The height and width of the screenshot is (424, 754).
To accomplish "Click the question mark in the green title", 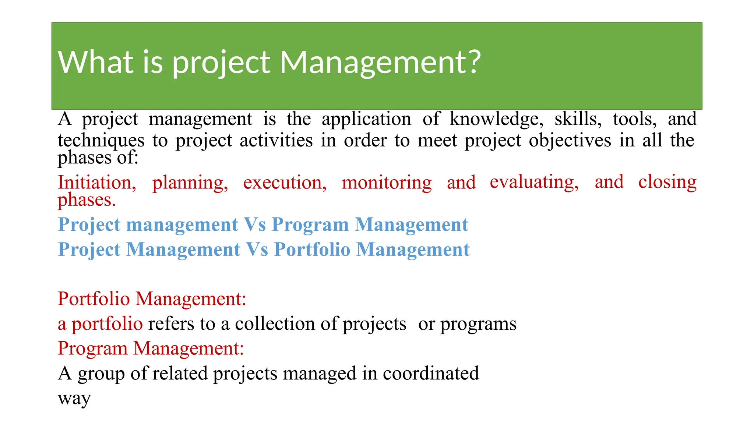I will (472, 61).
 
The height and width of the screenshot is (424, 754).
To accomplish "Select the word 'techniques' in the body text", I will (101, 141).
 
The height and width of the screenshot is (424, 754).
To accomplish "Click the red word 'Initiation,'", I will (97, 183).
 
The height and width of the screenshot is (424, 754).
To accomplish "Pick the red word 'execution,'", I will (285, 183).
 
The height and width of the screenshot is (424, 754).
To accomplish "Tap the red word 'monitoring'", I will (387, 183).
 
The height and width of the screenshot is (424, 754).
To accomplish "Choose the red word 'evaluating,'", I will (534, 183).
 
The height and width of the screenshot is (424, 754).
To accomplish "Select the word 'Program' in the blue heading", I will (310, 225).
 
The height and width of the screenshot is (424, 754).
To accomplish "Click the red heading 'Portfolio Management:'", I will (152, 299).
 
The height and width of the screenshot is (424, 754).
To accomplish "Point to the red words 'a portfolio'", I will (100, 324).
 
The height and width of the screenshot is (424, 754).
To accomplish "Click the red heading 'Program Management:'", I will (151, 348).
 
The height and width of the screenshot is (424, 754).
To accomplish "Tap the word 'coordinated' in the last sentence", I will (430, 374).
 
